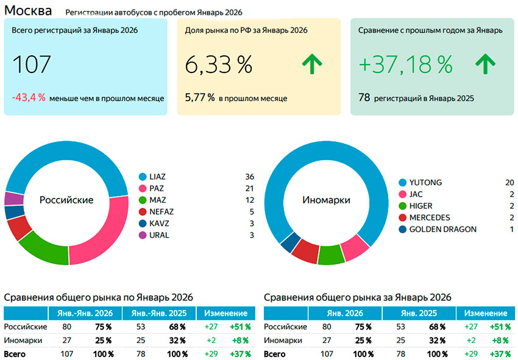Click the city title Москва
tap(28, 10)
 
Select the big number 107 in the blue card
tap(32, 65)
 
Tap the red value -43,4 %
tap(29, 97)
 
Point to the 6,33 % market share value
tap(218, 65)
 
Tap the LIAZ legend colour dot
tap(143, 177)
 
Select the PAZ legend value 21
tap(249, 188)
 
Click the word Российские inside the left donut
tap(66, 200)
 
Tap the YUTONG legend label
tap(425, 182)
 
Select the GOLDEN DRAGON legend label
tap(443, 229)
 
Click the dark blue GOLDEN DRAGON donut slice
tap(287, 242)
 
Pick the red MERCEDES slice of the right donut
tap(306, 252)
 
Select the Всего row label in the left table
tap(15, 354)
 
